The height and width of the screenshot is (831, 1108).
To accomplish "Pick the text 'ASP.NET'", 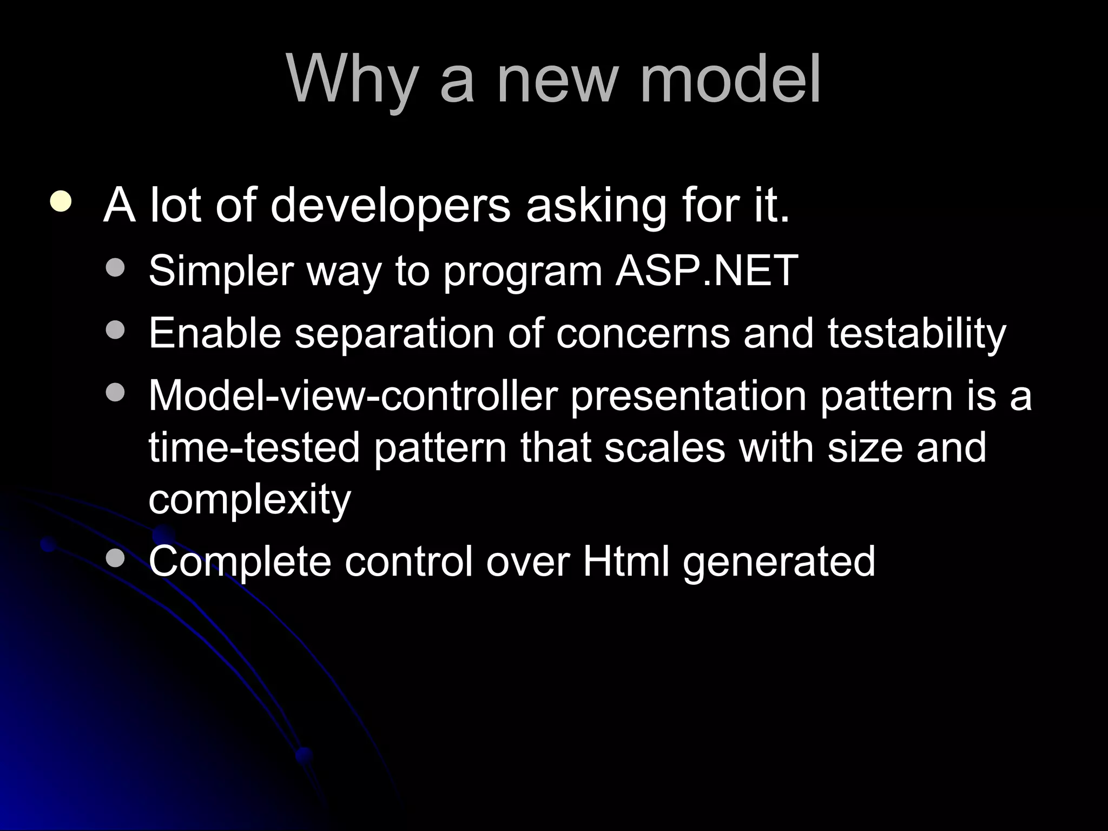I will (707, 270).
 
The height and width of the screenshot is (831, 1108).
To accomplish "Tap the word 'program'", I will (523, 272).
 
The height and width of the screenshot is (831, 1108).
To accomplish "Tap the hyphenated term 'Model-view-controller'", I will (353, 395).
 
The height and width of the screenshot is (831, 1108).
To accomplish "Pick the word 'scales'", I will (664, 447).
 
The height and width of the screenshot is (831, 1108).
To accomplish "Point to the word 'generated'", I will (779, 563).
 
